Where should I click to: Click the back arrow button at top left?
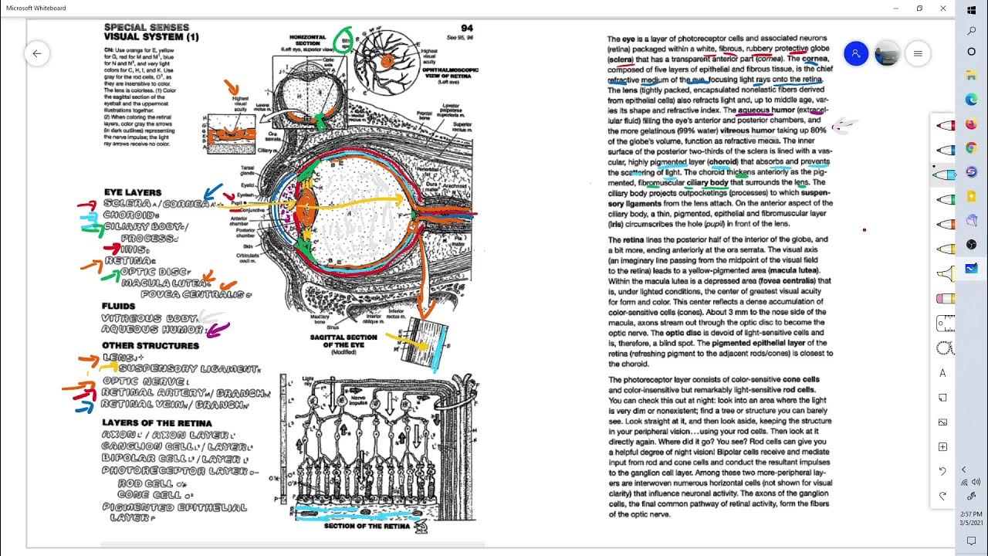click(x=36, y=53)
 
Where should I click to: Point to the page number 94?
click(x=466, y=28)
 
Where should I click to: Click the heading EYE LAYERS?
click(x=133, y=192)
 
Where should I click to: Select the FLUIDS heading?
click(x=118, y=306)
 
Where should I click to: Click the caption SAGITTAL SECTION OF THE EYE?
click(x=343, y=341)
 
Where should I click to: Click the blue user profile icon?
click(x=856, y=53)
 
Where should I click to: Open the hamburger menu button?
click(x=918, y=53)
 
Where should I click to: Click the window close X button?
click(x=943, y=8)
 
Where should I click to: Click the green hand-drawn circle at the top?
click(x=345, y=39)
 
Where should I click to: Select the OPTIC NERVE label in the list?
click(x=143, y=381)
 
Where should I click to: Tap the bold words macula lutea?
click(x=796, y=270)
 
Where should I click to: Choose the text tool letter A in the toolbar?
click(x=942, y=373)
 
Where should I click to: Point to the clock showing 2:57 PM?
click(x=971, y=514)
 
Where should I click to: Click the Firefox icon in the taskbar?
click(x=971, y=124)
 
